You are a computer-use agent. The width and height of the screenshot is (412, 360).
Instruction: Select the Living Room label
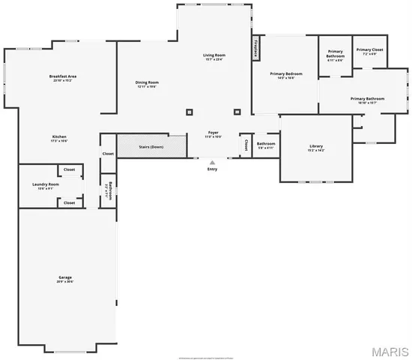pos(214,55)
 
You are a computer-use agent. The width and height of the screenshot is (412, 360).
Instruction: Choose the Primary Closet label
pos(373,50)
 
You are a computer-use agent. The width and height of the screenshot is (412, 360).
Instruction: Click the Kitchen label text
pos(59,136)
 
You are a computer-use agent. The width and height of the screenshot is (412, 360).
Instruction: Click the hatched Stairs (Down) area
pos(151,146)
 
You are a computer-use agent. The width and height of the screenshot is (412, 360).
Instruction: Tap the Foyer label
pos(213,133)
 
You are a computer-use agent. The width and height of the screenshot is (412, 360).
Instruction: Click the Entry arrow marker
pos(212,161)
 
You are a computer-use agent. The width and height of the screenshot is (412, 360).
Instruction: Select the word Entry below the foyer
pos(212,169)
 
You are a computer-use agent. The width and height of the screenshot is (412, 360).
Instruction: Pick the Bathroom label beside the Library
pos(266,143)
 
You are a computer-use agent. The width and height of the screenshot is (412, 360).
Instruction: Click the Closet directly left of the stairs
pos(108,154)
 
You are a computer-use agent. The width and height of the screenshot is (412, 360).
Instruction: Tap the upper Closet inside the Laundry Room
pos(69,170)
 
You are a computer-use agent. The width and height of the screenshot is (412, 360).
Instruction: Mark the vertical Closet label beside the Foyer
pos(245,144)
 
